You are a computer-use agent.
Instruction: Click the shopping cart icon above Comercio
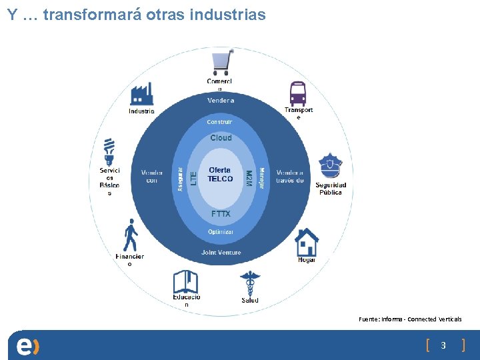(222, 62)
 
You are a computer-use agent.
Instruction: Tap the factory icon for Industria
(141, 94)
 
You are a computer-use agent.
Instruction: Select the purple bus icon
(298, 93)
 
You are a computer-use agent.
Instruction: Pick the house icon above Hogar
(307, 242)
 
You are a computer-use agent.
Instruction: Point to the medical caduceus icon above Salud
(250, 283)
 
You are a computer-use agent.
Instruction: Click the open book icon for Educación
(185, 281)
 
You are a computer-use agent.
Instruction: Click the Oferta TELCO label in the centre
(221, 175)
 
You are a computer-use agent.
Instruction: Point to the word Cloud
(221, 138)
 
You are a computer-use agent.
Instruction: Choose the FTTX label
(221, 214)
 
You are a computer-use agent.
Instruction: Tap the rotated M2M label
(248, 178)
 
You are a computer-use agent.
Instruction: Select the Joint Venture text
(221, 253)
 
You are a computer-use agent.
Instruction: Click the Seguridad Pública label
(331, 189)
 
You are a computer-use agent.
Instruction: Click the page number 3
(443, 345)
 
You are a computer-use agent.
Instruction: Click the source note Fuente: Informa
(410, 319)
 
